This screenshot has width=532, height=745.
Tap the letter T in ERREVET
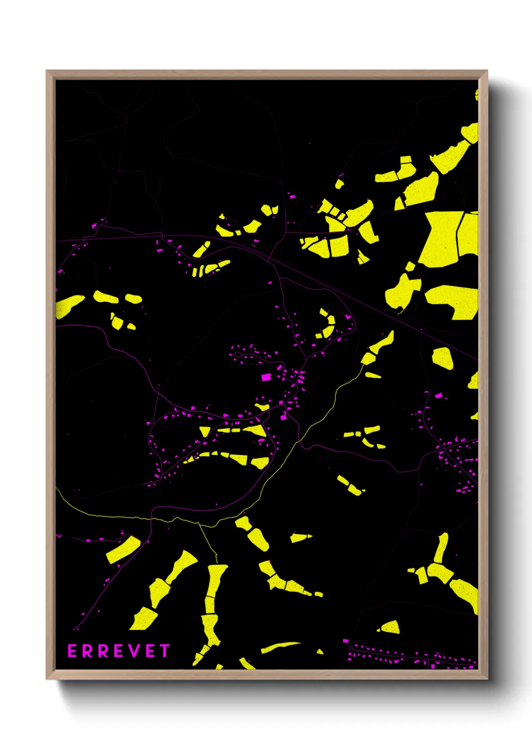pyautogui.click(x=164, y=651)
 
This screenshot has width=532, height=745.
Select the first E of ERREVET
pyautogui.click(x=72, y=651)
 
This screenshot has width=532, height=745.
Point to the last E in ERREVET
pyautogui.click(x=147, y=651)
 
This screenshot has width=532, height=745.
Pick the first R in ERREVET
pyautogui.click(x=87, y=651)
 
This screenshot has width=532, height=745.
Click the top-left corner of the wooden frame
pyautogui.click(x=47, y=71)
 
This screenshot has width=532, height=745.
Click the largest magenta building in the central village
pyautogui.click(x=265, y=377)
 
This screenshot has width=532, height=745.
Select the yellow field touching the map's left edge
pyautogui.click(x=68, y=305)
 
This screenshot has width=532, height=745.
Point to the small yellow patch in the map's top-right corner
pyautogui.click(x=477, y=95)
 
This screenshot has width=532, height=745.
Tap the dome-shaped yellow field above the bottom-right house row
pyautogui.click(x=390, y=627)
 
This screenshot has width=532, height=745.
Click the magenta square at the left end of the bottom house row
pyautogui.click(x=345, y=641)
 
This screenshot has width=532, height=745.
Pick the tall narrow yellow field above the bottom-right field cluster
pyautogui.click(x=441, y=547)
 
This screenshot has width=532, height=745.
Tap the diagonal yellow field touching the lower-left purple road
pyautogui.click(x=123, y=550)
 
